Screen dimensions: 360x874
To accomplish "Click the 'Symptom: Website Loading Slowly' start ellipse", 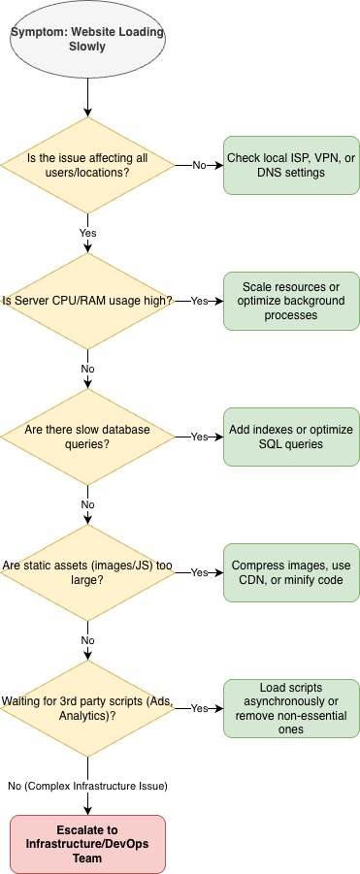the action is click(x=87, y=39).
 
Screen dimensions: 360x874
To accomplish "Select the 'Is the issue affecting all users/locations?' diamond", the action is click(x=87, y=165).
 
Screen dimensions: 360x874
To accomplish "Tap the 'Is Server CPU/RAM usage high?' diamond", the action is click(x=87, y=301).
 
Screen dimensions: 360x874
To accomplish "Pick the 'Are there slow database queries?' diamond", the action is click(x=87, y=437).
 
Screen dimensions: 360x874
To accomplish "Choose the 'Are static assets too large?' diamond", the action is click(x=87, y=572).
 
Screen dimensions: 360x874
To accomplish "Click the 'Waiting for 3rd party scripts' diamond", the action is click(x=87, y=708).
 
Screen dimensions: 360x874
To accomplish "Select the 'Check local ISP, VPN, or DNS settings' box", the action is click(x=291, y=165).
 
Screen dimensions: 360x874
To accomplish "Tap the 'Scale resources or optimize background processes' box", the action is click(x=291, y=301).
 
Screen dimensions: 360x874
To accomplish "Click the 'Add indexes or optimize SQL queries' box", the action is click(x=291, y=437).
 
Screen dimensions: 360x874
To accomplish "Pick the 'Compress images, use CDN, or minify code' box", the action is click(x=291, y=572).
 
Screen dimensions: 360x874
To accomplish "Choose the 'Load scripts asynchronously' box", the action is click(x=291, y=708).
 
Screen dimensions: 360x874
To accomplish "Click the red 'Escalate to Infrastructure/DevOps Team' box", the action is click(x=87, y=845).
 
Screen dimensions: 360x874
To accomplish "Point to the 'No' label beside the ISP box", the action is click(x=199, y=165).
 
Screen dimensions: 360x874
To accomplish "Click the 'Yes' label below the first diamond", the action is click(x=87, y=233).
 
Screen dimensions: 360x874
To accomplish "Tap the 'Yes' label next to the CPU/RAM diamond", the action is click(x=199, y=301).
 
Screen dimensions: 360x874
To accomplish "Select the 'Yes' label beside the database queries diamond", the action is click(x=199, y=437).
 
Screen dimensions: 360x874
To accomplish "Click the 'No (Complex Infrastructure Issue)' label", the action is click(x=87, y=786).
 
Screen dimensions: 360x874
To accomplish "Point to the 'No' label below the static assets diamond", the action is click(x=87, y=640).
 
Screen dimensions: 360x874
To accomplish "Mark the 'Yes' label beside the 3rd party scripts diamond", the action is click(x=199, y=708).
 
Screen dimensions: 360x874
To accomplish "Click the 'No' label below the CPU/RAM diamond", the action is click(x=87, y=369).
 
